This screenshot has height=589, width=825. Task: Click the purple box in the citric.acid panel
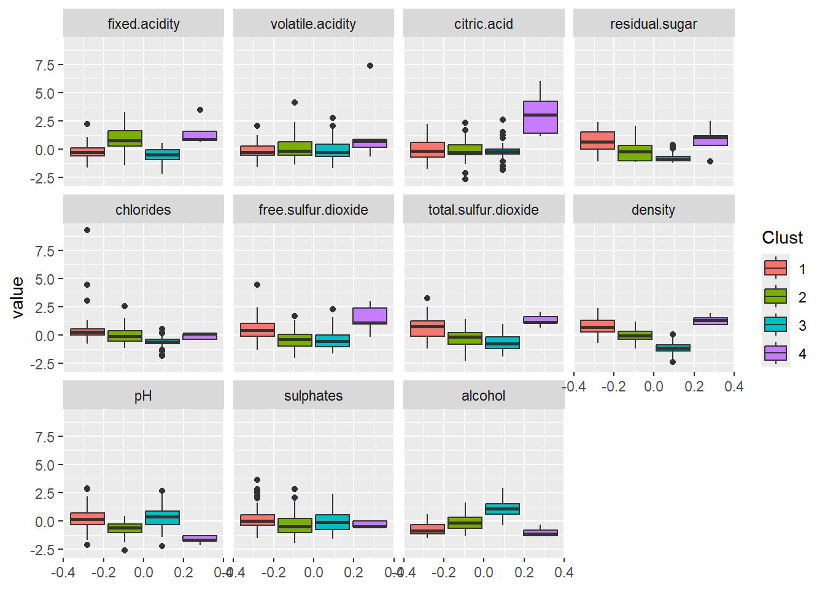540,117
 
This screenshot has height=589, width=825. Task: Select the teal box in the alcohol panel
502,509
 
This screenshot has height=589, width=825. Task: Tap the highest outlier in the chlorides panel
87,230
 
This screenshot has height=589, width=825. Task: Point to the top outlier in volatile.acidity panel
370,66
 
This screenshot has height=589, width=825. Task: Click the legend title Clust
782,238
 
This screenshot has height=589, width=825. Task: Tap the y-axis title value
18,298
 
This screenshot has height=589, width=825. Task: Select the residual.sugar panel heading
653,24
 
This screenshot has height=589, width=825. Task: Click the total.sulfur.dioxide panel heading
483,210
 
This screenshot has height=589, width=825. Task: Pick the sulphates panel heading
313,396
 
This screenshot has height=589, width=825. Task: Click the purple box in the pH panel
199,538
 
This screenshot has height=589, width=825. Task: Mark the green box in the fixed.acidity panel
125,138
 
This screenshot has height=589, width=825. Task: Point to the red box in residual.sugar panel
597,141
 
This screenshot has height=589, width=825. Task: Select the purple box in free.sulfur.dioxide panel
370,315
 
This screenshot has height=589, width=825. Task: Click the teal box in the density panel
673,348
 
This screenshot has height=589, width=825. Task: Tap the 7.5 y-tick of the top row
45,65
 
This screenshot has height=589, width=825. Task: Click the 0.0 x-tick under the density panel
653,387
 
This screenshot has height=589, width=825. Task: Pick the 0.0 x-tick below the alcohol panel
483,573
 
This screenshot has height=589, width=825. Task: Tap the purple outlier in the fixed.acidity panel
199,110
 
